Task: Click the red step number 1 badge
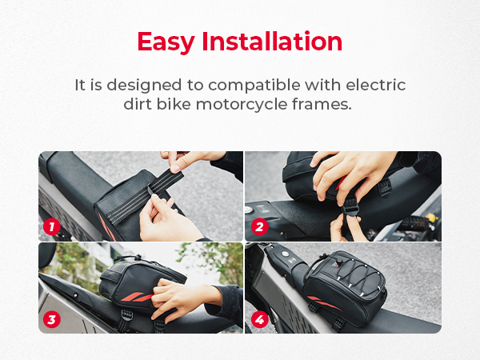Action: pyautogui.click(x=52, y=226)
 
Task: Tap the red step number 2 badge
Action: pyautogui.click(x=258, y=226)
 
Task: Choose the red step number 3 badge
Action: pyautogui.click(x=52, y=319)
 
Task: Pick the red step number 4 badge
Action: pyautogui.click(x=258, y=319)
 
